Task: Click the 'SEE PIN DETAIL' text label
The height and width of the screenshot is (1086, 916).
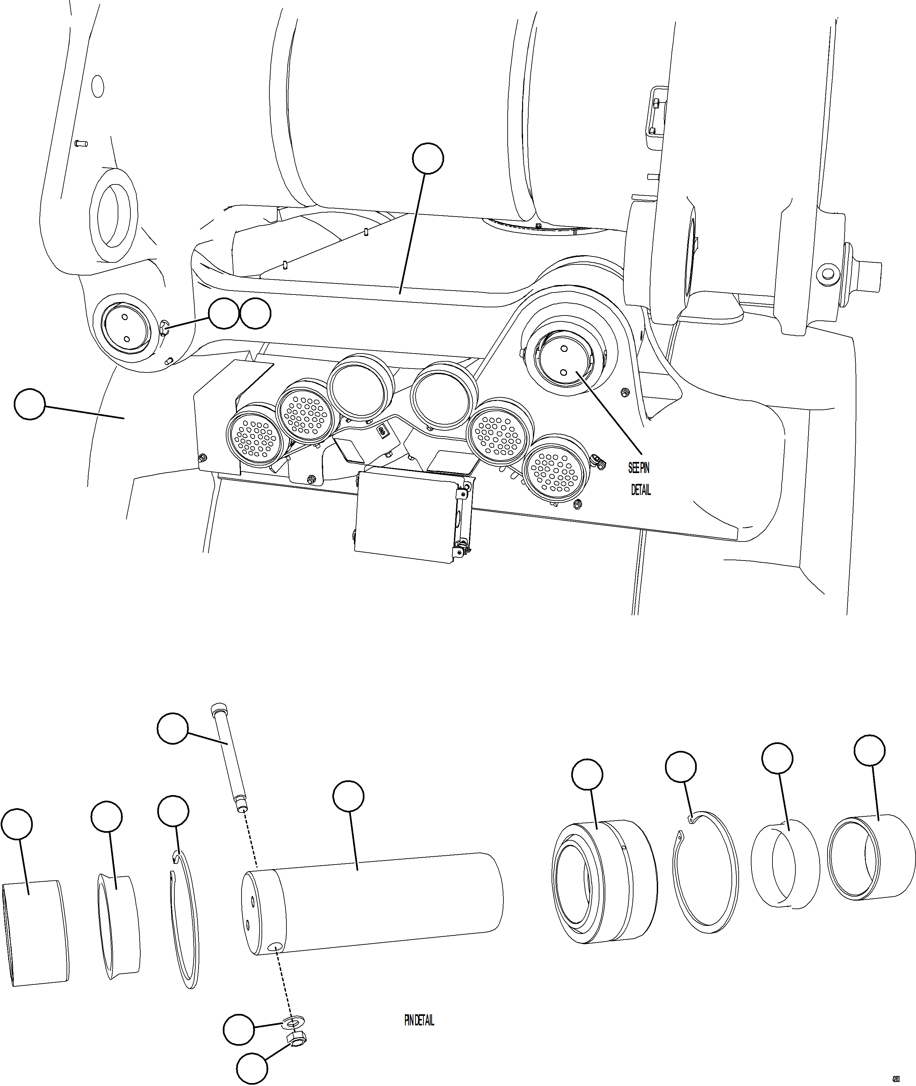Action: click(640, 479)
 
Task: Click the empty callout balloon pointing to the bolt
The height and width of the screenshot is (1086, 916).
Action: click(172, 729)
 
